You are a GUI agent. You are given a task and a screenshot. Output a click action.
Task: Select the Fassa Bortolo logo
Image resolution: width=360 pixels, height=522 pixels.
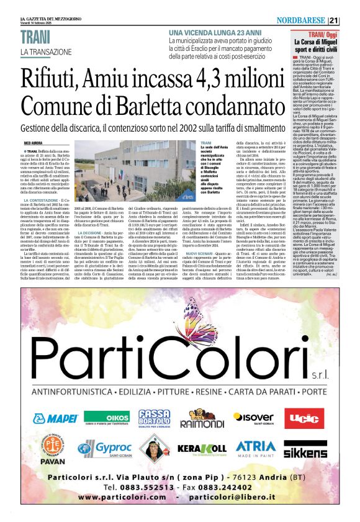tap(153, 418)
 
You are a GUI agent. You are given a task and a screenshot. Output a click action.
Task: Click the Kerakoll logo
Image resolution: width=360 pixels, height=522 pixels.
tap(201, 448)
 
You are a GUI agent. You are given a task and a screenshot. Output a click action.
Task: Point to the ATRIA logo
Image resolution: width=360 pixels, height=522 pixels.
tap(255, 448)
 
